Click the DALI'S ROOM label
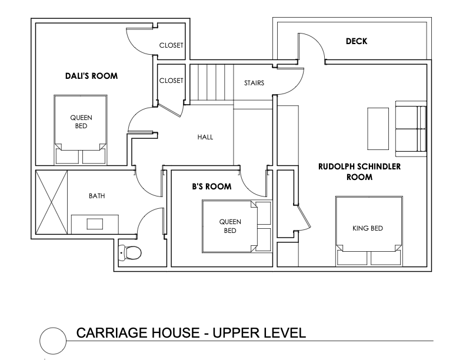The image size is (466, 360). tap(92, 76)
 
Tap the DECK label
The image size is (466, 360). tap(357, 41)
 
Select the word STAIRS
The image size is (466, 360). tap(254, 83)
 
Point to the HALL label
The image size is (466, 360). tap(205, 137)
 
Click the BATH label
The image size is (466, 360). tap(97, 196)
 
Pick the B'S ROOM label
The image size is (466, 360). tap(212, 186)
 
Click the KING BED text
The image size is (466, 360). tap(368, 228)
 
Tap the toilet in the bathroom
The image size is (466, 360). tap(129, 253)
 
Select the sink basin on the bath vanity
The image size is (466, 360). tap(95, 224)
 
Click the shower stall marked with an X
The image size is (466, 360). tap(51, 202)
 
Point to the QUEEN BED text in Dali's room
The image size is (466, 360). tap(81, 122)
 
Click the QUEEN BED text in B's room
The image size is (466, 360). tap(230, 226)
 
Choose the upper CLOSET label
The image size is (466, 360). tap(171, 45)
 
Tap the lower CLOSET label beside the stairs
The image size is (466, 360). tap(171, 81)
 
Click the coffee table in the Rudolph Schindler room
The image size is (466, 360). tap(378, 129)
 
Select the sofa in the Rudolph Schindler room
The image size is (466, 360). tap(411, 129)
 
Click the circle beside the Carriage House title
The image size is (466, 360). tap(53, 341)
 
